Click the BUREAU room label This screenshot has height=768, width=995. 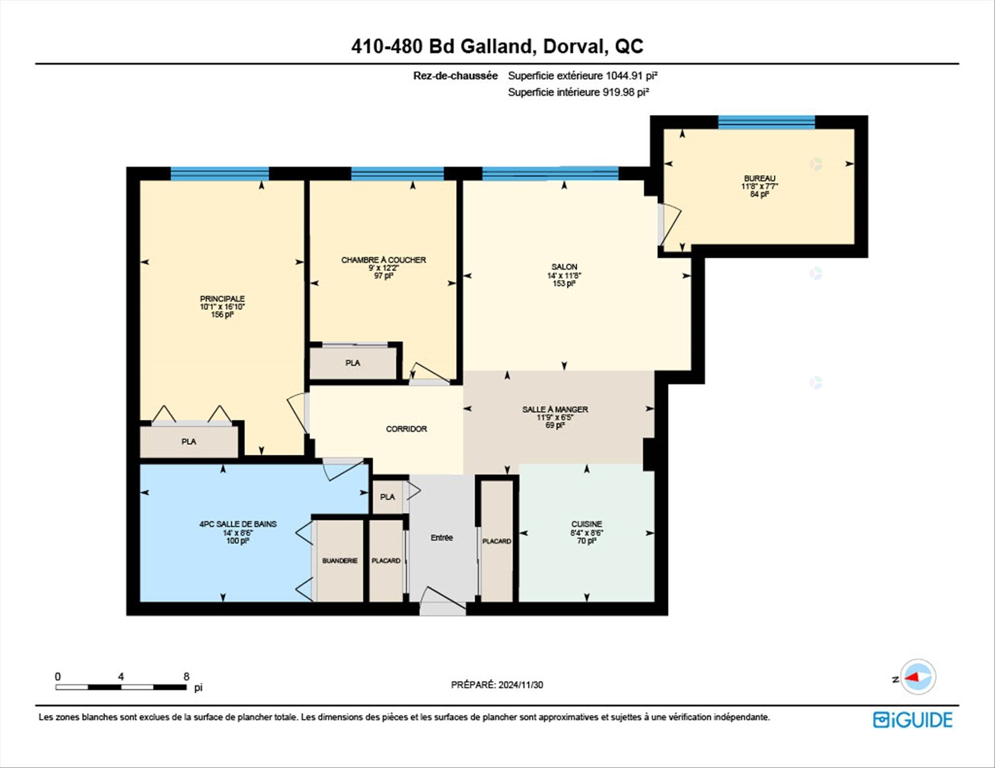pos(760,179)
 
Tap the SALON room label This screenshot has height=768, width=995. pos(564,267)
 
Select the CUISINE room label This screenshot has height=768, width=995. pos(587,524)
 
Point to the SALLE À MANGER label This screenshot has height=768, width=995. pos(555,410)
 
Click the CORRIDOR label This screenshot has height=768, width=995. pos(406,429)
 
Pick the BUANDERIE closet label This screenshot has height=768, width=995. pos(340,561)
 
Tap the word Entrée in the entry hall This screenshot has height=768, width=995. pos(442,538)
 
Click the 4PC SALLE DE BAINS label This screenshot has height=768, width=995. pos(238,524)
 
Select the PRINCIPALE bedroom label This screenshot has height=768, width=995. pos(222,299)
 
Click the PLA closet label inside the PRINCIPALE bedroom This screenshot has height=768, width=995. pos(189,442)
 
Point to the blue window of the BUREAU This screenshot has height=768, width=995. pos(766,122)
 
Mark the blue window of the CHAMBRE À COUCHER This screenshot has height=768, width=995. pos(397,173)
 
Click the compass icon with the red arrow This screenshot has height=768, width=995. pos(918,677)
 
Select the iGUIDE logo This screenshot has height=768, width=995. pos(913,720)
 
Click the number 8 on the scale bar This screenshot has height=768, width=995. pos(187,676)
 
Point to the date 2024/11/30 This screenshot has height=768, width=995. pos(521,685)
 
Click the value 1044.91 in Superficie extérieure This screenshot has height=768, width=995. pos(624,76)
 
